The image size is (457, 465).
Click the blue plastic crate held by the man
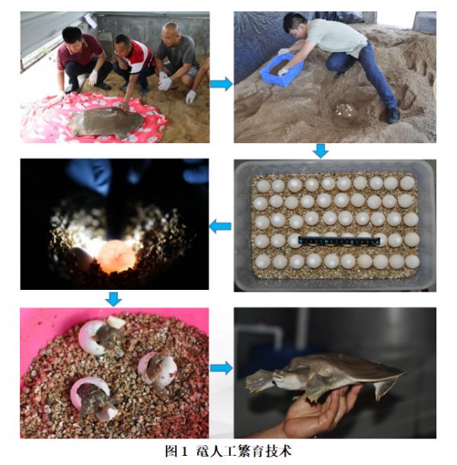(281, 70)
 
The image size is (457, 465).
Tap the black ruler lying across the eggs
(339, 240)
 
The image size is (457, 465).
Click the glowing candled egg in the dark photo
(117, 256)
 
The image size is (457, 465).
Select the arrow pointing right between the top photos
(222, 84)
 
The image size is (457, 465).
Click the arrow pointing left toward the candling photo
(220, 227)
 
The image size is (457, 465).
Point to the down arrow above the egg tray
(321, 151)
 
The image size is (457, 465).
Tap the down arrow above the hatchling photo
(113, 299)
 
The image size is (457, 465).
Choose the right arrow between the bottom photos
(222, 368)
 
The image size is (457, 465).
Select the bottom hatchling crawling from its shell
(94, 401)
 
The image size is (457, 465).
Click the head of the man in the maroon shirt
(72, 37)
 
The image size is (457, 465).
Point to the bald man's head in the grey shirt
(171, 33)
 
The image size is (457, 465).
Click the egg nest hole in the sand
(346, 110)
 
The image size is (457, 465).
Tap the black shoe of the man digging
(393, 116)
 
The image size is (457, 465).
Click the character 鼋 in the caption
(203, 451)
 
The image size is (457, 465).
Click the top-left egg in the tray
(264, 186)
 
